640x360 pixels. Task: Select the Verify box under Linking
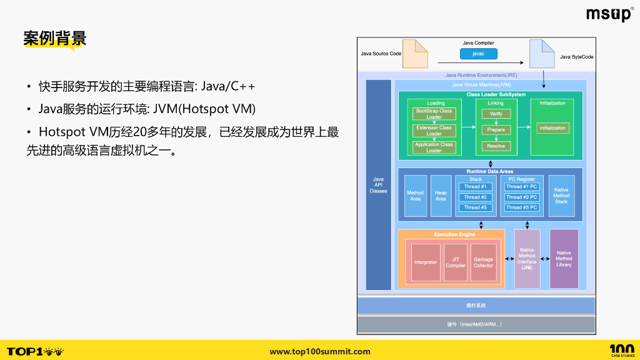[496, 114]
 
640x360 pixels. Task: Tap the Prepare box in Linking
[496, 130]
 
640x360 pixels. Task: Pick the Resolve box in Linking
[496, 146]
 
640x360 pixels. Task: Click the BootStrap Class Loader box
[434, 114]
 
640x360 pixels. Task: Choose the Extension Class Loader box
[434, 131]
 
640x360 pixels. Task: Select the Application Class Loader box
[434, 147]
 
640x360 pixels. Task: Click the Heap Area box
[441, 196]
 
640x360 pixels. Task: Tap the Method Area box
[415, 196]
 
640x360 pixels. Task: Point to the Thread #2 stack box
[476, 197]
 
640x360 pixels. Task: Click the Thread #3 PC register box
[521, 207]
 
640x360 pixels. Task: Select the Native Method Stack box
[561, 196]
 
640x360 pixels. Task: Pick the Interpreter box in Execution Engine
[426, 262]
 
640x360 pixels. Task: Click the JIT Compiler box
[456, 262]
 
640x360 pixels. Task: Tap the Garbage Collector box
[483, 262]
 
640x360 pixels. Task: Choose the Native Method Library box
[564, 259]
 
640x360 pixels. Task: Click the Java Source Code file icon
[415, 54]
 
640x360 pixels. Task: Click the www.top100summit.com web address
[320, 352]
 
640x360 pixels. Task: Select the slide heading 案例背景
[54, 39]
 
